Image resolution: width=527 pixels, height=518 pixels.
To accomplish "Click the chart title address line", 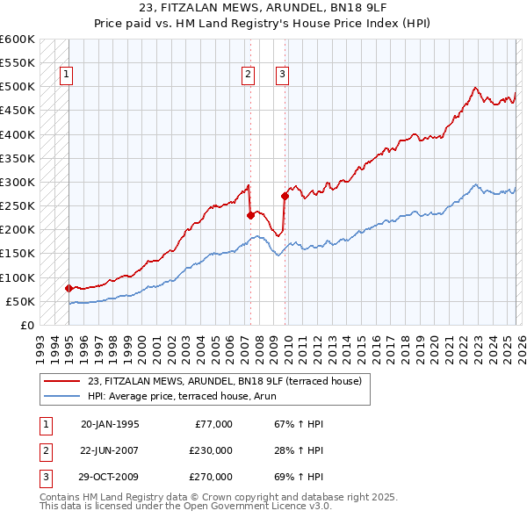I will pyautogui.click(x=263, y=8).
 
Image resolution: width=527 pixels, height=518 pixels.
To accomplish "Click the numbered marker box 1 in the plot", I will pyautogui.click(x=67, y=76).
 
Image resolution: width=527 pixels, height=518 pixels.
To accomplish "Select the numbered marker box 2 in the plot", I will pyautogui.click(x=249, y=76).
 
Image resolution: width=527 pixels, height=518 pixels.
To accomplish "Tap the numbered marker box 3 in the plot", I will pyautogui.click(x=282, y=76).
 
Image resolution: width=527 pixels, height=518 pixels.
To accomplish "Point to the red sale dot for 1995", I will pyautogui.click(x=69, y=288).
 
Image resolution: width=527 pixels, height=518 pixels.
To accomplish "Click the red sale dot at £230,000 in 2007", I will pyautogui.click(x=250, y=215).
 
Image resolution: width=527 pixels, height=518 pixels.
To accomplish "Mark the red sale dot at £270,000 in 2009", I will pyautogui.click(x=285, y=196).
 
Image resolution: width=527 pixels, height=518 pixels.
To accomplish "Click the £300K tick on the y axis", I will pyautogui.click(x=18, y=183).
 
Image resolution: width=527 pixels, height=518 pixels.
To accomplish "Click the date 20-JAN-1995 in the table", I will pyautogui.click(x=110, y=424).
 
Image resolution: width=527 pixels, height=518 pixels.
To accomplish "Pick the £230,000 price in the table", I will pyautogui.click(x=210, y=450).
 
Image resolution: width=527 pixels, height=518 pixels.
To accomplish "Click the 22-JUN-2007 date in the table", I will pyautogui.click(x=110, y=450).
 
